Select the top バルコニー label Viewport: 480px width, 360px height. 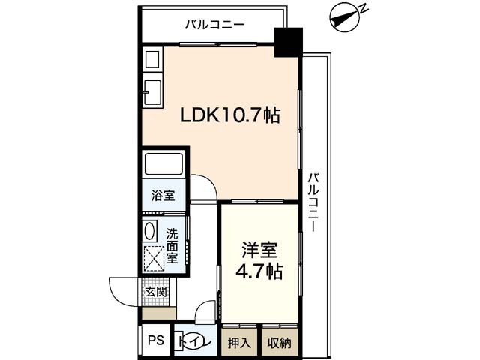point(215,25)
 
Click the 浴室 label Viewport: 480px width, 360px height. point(163,196)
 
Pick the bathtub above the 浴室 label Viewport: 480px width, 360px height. point(164,165)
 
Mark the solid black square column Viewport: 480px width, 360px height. point(287,42)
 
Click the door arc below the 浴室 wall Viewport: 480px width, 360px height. point(202,187)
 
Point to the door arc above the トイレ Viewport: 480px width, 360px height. point(205,310)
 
